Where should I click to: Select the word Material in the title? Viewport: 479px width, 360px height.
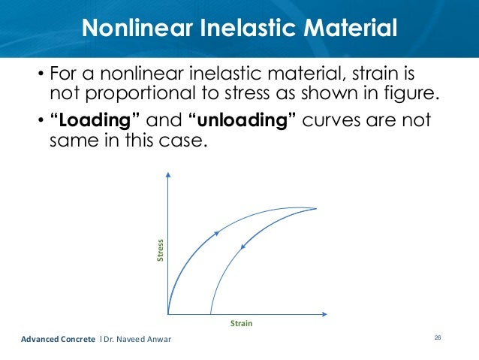(x=344, y=29)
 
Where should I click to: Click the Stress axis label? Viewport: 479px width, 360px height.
(x=159, y=251)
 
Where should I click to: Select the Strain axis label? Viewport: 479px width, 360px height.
(x=241, y=323)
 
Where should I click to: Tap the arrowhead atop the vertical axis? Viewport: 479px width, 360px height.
(x=168, y=174)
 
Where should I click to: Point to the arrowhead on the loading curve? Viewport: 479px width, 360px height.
(x=216, y=234)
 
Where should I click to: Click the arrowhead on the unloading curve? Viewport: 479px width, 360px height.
(x=244, y=244)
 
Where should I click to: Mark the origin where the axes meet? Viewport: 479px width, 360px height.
(x=168, y=313)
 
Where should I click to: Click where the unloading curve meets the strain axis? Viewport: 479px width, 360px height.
(x=210, y=313)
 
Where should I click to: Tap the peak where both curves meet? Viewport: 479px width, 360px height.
(x=315, y=208)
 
